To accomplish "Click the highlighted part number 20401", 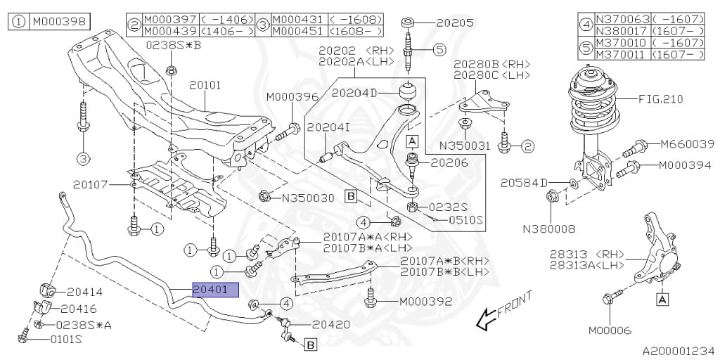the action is click(216, 290).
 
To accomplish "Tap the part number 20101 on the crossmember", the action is click(206, 85).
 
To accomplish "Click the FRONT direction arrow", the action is click(504, 310).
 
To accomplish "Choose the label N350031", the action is click(465, 146).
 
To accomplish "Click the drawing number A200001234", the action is click(679, 352).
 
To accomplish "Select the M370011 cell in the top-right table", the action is click(622, 55).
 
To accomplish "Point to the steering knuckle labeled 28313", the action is click(655, 252).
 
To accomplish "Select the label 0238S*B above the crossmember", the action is click(174, 45).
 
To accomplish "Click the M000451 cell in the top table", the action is click(300, 31).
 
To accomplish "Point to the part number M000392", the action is click(425, 302).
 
